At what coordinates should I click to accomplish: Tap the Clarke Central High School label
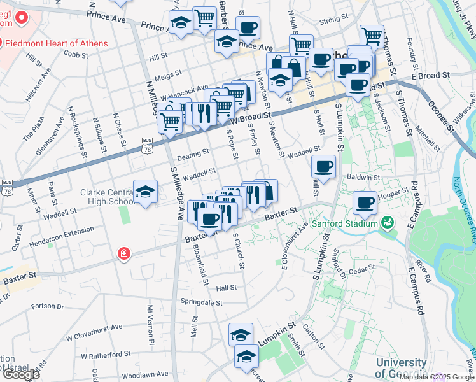[x=106, y=197]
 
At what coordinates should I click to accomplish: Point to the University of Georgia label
[x=401, y=367]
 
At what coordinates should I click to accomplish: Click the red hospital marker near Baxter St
[x=123, y=255]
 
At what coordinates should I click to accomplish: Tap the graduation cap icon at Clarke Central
[x=145, y=192]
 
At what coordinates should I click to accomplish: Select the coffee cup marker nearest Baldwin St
[x=324, y=167]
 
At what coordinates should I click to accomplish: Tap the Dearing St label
[x=193, y=153]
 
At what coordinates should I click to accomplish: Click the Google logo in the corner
[x=22, y=374]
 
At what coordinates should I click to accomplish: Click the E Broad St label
[x=430, y=75]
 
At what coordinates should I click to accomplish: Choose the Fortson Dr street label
[x=48, y=306]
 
